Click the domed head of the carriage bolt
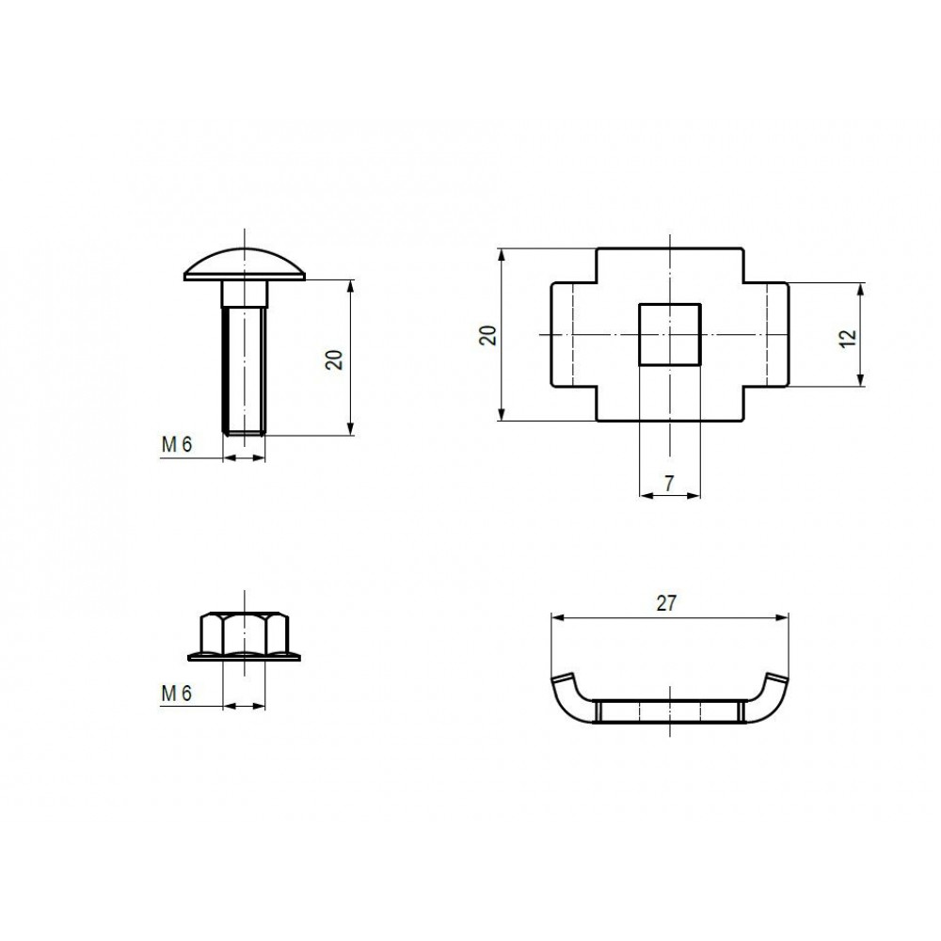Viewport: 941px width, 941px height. [245, 264]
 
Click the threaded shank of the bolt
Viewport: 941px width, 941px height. [244, 370]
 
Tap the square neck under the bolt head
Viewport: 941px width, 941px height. [245, 294]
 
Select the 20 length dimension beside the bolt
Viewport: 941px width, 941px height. [335, 359]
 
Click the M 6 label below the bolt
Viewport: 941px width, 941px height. [177, 445]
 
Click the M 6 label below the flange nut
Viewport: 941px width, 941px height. [177, 694]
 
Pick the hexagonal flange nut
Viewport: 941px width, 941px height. [245, 636]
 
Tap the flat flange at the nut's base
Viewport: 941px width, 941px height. [245, 657]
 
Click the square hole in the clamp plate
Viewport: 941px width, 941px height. [670, 334]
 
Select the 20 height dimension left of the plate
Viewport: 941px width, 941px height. [488, 335]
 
